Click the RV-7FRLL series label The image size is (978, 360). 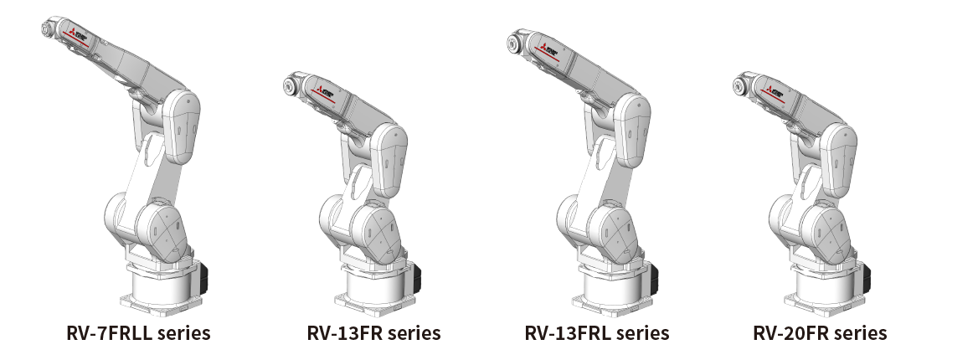pos(138,333)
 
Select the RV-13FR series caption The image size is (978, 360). pos(373,333)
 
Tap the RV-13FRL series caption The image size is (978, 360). pos(597,333)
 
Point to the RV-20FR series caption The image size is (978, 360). pos(819,333)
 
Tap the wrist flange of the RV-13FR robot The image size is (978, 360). pos(290,85)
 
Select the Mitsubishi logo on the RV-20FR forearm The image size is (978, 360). pos(771,90)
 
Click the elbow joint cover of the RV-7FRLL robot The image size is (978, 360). pos(182,126)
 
